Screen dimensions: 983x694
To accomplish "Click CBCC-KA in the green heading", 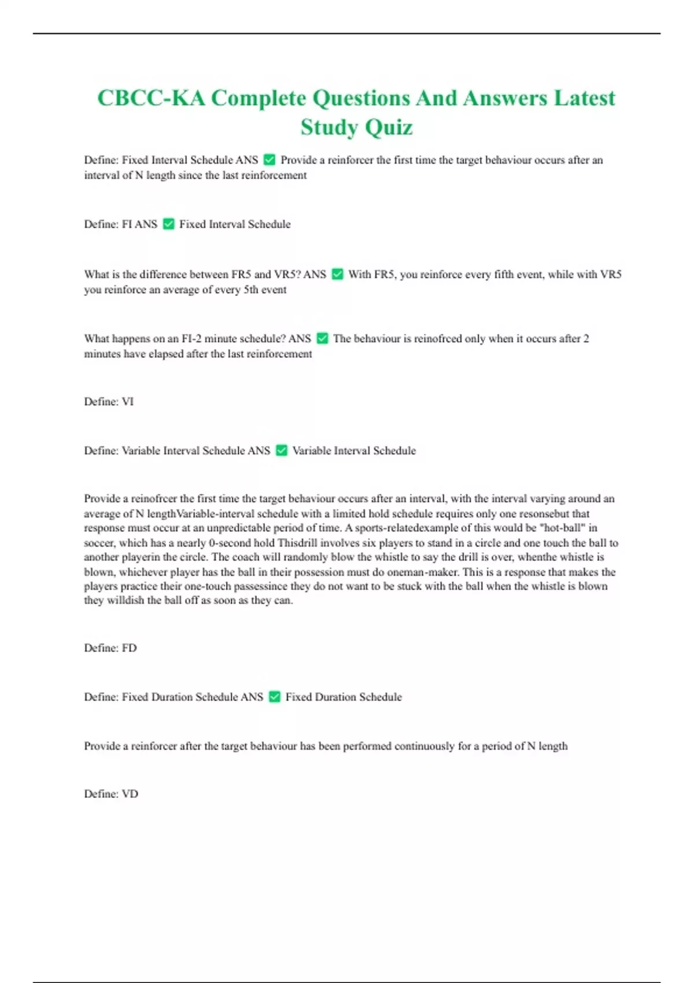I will click(x=151, y=98).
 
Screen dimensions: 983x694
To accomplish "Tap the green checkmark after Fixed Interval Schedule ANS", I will click(x=270, y=160).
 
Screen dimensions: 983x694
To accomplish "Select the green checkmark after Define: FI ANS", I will click(x=169, y=224).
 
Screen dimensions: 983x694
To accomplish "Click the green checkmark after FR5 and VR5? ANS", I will click(x=338, y=274).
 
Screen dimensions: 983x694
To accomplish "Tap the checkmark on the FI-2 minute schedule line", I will click(x=323, y=338).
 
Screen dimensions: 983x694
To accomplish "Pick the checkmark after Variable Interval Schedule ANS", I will click(x=282, y=450).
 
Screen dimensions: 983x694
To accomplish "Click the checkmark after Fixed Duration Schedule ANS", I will click(x=275, y=697).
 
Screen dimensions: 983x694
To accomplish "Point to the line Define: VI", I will click(x=109, y=401).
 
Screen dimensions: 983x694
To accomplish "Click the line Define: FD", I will click(x=110, y=648).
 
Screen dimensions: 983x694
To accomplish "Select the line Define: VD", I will click(x=111, y=793).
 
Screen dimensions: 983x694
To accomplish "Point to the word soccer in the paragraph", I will click(x=99, y=543).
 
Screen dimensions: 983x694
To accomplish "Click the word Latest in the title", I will click(x=585, y=98).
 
